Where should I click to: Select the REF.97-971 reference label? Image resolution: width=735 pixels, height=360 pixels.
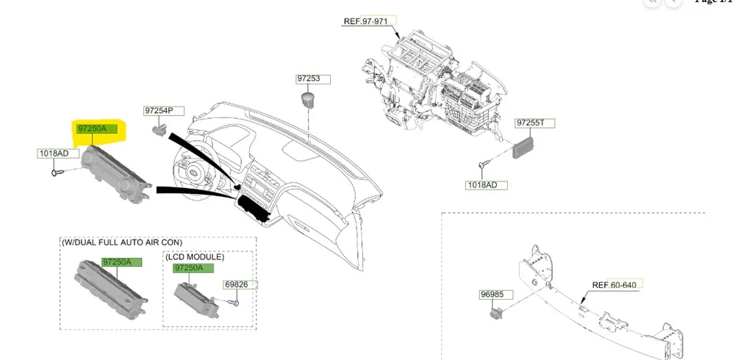point(370,21)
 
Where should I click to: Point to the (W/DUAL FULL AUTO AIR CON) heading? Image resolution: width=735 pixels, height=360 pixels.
point(122,242)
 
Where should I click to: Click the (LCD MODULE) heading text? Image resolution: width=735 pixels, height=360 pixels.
point(195,256)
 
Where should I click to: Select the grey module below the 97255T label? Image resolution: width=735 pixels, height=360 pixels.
point(524,145)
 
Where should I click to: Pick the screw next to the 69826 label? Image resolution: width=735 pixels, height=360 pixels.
point(234,300)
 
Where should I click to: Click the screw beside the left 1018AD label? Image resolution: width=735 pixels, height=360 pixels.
point(58,172)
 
